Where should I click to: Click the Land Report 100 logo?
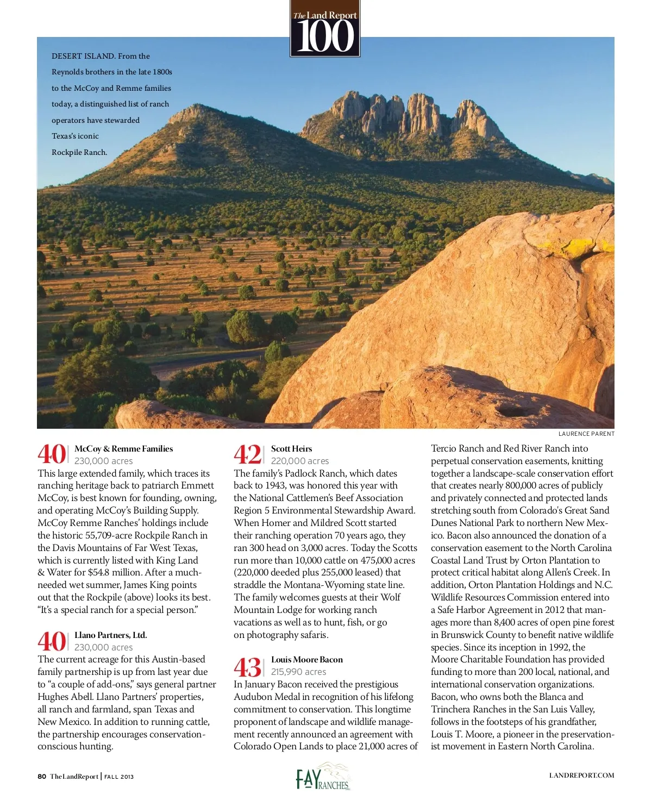pyautogui.click(x=325, y=28)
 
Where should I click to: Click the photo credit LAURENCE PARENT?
pyautogui.click(x=586, y=434)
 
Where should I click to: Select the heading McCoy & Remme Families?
pyautogui.click(x=123, y=449)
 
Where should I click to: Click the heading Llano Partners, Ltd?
pyautogui.click(x=110, y=635)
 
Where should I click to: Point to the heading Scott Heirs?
pyautogui.click(x=291, y=449)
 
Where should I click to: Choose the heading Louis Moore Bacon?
pyautogui.click(x=307, y=660)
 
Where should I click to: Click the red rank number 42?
pyautogui.click(x=247, y=454)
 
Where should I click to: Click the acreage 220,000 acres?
pyautogui.click(x=299, y=461)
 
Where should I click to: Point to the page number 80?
pyautogui.click(x=42, y=777)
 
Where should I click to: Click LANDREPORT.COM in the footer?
pyautogui.click(x=581, y=776)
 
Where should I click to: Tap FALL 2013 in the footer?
pyautogui.click(x=119, y=777)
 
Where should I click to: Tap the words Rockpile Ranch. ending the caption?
pyautogui.click(x=79, y=152)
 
